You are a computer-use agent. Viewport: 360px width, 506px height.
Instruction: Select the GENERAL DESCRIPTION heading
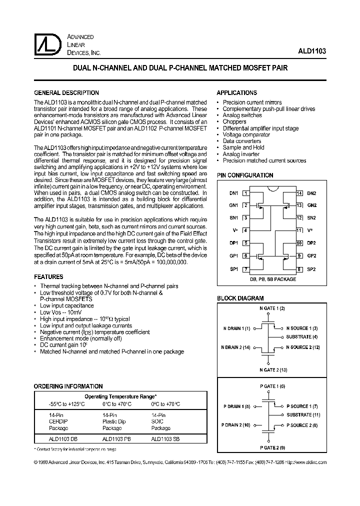pos(66,93)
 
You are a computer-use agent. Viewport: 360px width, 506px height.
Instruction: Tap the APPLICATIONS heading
pos(236,93)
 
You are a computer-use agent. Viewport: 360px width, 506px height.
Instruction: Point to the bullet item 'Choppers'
pos(234,122)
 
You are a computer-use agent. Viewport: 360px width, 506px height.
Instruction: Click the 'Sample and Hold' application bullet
pos(243,148)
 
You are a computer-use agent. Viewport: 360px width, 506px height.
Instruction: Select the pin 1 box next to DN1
pos(245,193)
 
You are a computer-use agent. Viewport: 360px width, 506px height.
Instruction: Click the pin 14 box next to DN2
pos(299,193)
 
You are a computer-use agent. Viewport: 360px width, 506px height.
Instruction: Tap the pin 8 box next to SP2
pos(299,269)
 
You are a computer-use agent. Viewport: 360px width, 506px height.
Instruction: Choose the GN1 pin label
pos(234,205)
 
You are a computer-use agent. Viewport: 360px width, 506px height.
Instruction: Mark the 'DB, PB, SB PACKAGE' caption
pos(272,279)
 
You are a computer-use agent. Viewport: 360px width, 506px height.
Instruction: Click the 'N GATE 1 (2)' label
pos(272,308)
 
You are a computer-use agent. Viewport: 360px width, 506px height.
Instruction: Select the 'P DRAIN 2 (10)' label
pos(236,425)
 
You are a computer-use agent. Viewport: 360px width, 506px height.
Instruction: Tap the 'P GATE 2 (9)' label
pos(272,447)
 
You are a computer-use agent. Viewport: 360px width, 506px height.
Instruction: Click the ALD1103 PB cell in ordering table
pos(116,438)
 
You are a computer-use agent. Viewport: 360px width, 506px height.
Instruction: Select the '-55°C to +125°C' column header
pos(59,404)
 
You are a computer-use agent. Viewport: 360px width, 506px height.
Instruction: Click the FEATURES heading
pos(48,277)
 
